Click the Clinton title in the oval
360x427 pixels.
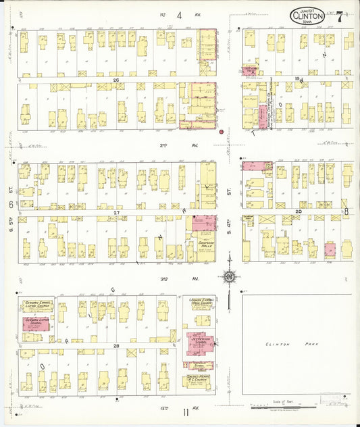click(x=307, y=16)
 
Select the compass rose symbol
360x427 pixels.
click(x=230, y=277)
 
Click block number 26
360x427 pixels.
click(x=115, y=79)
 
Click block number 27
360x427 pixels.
click(x=115, y=213)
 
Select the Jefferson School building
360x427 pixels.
click(x=200, y=342)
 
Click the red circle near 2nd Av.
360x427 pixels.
click(x=221, y=132)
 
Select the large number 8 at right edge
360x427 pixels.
click(x=346, y=211)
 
